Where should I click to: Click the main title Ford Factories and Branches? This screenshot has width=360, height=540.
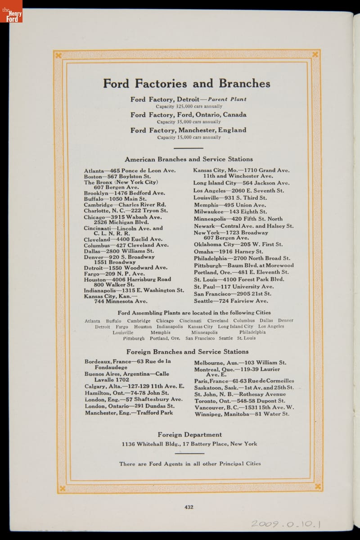tap(186, 84)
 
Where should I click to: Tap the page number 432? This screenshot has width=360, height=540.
tap(189, 507)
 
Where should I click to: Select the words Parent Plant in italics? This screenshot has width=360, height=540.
tap(227, 99)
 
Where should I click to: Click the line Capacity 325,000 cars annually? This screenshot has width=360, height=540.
tap(189, 107)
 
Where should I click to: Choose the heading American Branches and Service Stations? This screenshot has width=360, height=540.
tap(189, 159)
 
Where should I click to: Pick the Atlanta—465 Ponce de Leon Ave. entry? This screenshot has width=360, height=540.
tap(130, 171)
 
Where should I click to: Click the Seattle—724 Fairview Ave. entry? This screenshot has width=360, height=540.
tap(231, 301)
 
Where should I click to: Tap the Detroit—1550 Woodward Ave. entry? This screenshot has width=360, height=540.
tap(126, 268)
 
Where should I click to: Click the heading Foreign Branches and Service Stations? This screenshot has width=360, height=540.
tap(187, 352)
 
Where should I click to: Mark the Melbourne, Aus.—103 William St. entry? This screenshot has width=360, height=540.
tap(240, 363)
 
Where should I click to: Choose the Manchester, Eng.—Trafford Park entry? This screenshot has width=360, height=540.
tap(129, 413)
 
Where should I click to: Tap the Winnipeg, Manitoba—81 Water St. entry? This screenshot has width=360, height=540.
tap(242, 414)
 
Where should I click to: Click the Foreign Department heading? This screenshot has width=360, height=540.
tap(189, 435)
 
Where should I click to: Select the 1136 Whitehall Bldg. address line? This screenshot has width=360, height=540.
tap(189, 444)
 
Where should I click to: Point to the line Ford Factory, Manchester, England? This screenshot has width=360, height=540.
tap(189, 130)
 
